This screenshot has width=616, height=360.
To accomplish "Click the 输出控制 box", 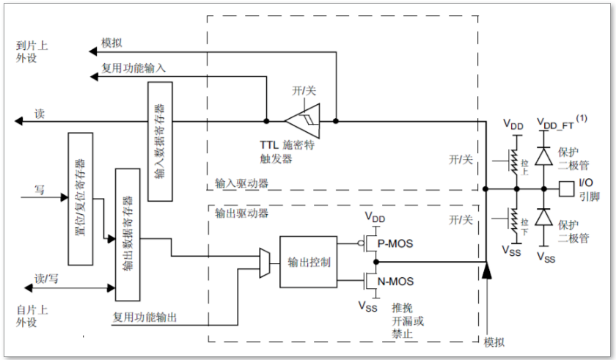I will click(x=309, y=262).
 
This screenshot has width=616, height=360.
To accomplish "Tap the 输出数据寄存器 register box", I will click(x=127, y=233).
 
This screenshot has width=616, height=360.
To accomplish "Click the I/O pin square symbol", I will click(x=566, y=188).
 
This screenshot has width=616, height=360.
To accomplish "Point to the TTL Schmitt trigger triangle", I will click(x=303, y=121).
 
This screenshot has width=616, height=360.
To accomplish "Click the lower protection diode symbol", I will click(x=543, y=217).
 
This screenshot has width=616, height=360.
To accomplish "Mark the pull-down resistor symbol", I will click(x=516, y=218).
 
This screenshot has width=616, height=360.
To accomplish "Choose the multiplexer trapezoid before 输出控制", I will click(x=265, y=262).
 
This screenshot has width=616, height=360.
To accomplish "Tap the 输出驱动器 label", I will click(x=242, y=213).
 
